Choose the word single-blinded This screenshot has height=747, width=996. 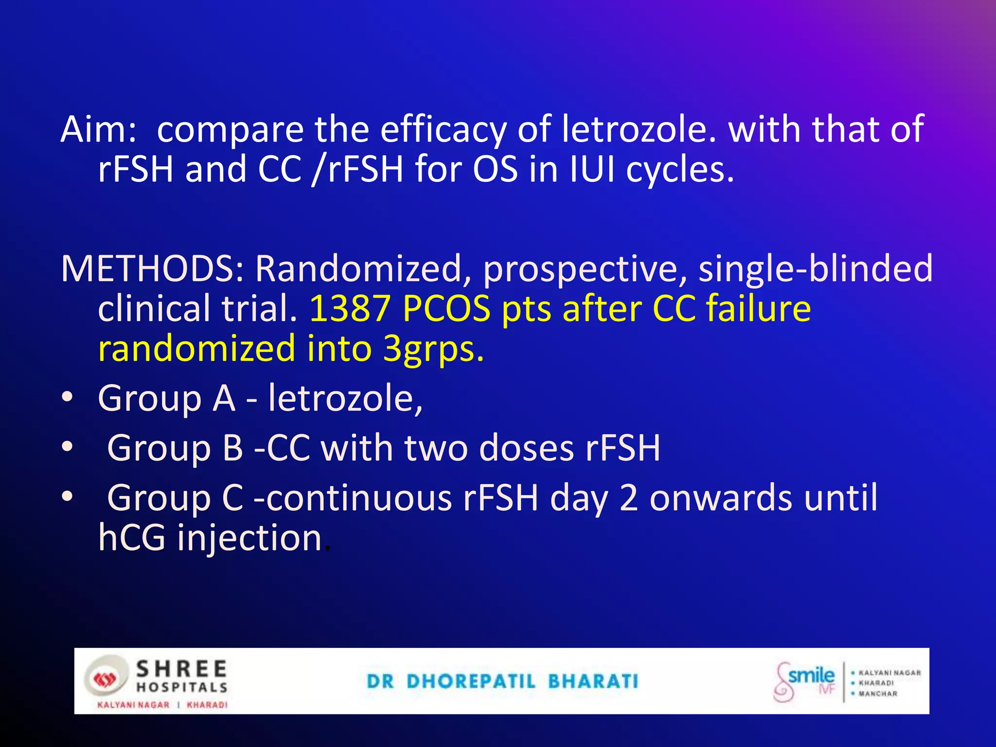816,268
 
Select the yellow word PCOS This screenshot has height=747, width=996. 446,309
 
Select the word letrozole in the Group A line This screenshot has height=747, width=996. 345,398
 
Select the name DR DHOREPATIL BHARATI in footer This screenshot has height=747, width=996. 502,681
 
